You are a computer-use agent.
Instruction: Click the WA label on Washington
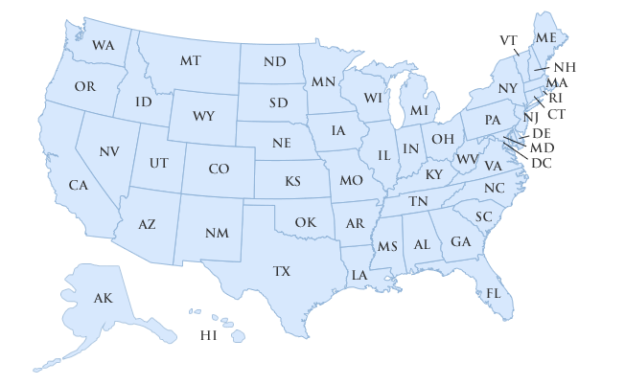pyautogui.click(x=104, y=45)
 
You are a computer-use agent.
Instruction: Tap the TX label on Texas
pyautogui.click(x=281, y=271)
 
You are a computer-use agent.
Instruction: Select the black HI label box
pyautogui.click(x=208, y=335)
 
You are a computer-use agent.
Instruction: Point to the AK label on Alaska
pyautogui.click(x=103, y=299)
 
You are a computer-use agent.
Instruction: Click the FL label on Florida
pyautogui.click(x=494, y=292)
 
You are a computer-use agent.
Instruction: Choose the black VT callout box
pyautogui.click(x=508, y=40)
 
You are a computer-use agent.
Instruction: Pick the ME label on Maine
pyautogui.click(x=546, y=37)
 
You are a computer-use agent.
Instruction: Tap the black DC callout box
pyautogui.click(x=542, y=164)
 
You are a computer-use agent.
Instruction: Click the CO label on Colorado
pyautogui.click(x=219, y=169)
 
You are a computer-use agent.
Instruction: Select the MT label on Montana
pyautogui.click(x=190, y=60)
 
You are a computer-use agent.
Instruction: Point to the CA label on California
pyautogui.click(x=78, y=184)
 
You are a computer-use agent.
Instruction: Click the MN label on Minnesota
pyautogui.click(x=323, y=81)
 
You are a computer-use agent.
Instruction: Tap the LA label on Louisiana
pyautogui.click(x=359, y=275)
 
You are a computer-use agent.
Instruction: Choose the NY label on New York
pyautogui.click(x=508, y=89)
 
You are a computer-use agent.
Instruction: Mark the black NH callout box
pyautogui.click(x=565, y=67)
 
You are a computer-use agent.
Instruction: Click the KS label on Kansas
pyautogui.click(x=292, y=180)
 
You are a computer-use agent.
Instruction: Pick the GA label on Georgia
pyautogui.click(x=460, y=241)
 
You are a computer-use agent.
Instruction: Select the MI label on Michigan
pyautogui.click(x=419, y=110)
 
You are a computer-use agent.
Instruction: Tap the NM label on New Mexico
pyautogui.click(x=217, y=233)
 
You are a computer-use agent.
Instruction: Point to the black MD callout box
pyautogui.click(x=542, y=148)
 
